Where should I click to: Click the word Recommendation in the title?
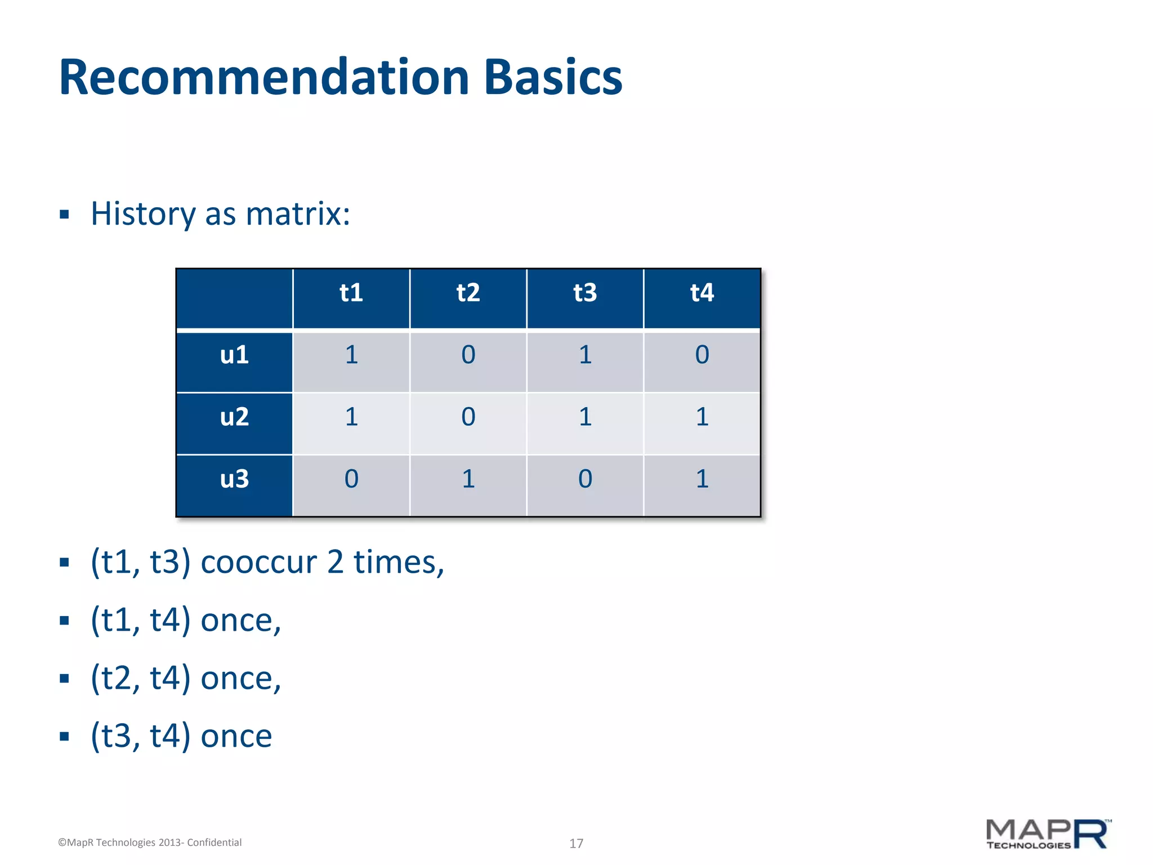(263, 77)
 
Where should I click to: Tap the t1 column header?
(351, 293)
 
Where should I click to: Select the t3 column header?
(585, 293)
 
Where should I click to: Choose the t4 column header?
(702, 293)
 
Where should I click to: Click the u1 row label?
(234, 355)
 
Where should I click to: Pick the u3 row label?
(234, 479)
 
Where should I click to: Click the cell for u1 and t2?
(468, 355)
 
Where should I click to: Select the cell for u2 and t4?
(702, 417)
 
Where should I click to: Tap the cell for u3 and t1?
(351, 479)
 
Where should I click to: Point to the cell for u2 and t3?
(585, 417)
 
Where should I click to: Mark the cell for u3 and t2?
(468, 479)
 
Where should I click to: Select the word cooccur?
(258, 563)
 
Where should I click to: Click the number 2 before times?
(335, 563)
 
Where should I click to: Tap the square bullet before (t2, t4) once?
(64, 679)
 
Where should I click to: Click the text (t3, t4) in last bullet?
(141, 736)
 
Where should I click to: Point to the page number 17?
(576, 843)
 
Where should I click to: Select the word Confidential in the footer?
(214, 842)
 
